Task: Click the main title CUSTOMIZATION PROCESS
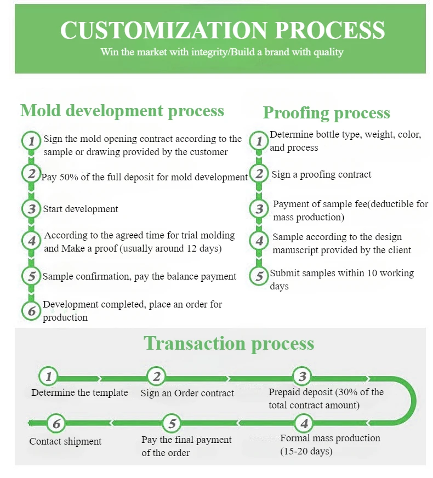(222, 30)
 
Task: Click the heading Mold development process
(122, 111)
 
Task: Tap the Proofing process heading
(326, 113)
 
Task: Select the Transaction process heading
(229, 344)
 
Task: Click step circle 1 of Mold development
(31, 141)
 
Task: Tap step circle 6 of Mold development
(31, 311)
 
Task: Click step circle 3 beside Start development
(31, 209)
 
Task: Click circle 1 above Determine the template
(49, 377)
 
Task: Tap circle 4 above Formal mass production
(304, 423)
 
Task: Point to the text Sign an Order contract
(187, 393)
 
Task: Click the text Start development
(81, 209)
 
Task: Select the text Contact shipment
(65, 441)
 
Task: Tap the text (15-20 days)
(306, 452)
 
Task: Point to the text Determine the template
(79, 392)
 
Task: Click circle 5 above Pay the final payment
(172, 423)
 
